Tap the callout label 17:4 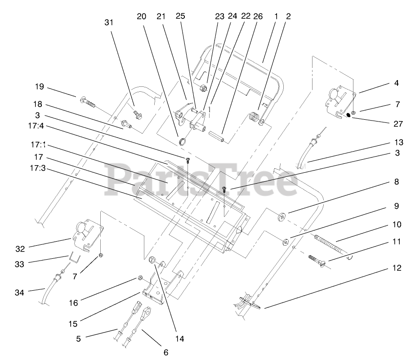[x=39, y=126]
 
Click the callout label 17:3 [x=39, y=170]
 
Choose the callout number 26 [x=258, y=17]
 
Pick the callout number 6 [x=165, y=352]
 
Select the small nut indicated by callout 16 [x=140, y=278]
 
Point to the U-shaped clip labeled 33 [x=74, y=260]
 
